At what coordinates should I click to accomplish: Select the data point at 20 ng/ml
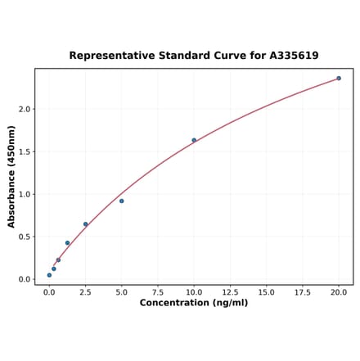339,79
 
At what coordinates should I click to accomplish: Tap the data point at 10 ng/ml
194,140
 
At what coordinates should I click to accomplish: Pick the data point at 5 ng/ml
122,201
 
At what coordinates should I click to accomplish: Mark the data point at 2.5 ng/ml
85,224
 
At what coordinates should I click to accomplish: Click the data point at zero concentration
49,275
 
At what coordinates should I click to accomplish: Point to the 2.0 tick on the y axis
25,109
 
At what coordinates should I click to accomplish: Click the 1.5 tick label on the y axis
25,151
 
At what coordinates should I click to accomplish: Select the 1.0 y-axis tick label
25,194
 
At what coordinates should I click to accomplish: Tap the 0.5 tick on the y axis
25,237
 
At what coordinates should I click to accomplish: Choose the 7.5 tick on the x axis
158,291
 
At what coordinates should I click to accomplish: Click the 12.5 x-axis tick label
230,291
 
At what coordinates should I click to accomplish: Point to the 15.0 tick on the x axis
267,291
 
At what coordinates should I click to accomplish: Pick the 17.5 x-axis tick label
303,291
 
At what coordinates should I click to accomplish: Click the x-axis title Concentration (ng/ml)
194,303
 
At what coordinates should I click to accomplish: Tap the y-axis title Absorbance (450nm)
11,177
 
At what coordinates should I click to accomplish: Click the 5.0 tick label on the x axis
122,291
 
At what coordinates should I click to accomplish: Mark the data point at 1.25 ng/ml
67,243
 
